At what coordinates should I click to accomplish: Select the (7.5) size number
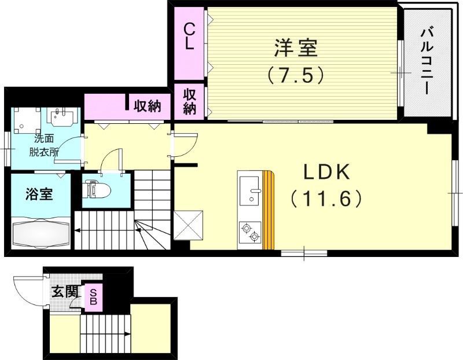tap(295, 75)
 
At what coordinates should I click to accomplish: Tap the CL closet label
tap(189, 36)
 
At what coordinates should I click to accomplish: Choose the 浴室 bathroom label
tap(39, 194)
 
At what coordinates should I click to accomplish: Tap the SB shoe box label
tap(93, 297)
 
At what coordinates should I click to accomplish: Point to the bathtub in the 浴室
tap(39, 233)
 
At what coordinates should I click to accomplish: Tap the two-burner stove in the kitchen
tap(250, 232)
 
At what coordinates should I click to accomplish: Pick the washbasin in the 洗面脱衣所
tap(60, 118)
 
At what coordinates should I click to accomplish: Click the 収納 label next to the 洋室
tap(189, 101)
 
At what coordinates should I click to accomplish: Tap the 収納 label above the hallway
tap(148, 106)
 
